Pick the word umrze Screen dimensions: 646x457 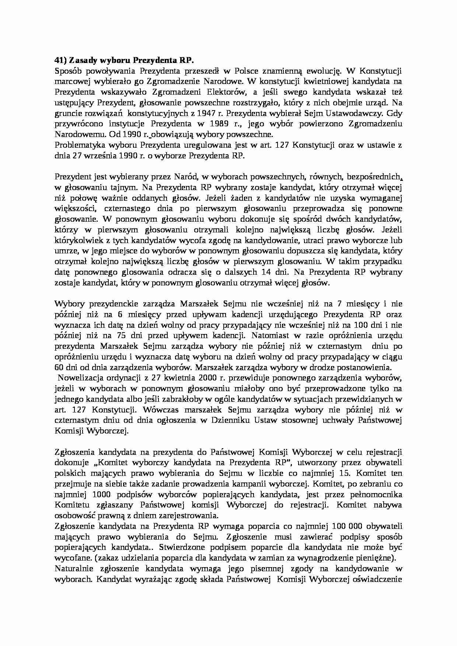coord(63,251)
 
